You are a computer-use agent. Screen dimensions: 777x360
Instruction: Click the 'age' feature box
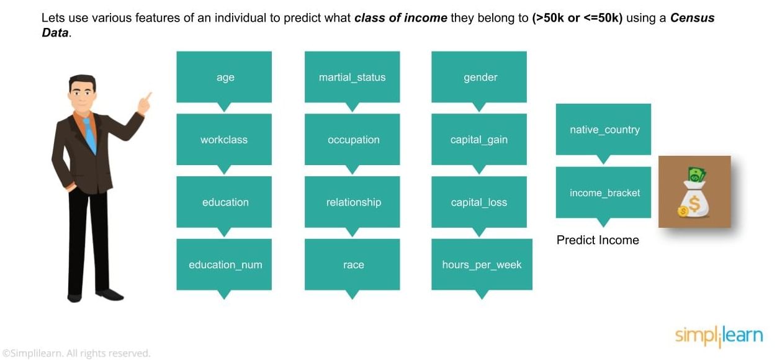pos(224,77)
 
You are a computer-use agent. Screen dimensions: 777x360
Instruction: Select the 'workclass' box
pos(224,140)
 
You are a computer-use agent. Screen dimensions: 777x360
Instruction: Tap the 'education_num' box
pos(224,264)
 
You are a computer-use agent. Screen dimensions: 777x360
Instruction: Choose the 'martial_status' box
pos(352,77)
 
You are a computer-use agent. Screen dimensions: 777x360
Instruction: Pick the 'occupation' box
pos(352,140)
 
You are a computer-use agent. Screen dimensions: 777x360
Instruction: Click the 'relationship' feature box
pos(352,202)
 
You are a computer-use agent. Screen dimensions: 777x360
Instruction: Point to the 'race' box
pos(352,264)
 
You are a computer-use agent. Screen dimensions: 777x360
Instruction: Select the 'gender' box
pos(479,77)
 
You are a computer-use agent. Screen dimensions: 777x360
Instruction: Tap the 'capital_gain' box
pos(479,140)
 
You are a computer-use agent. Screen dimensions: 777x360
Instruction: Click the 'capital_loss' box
pos(479,202)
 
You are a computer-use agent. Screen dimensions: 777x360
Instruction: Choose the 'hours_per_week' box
pos(482,264)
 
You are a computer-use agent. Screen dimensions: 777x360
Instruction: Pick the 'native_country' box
pos(603,129)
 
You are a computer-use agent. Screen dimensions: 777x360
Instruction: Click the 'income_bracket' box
pos(603,192)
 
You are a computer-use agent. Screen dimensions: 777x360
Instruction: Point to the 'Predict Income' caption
pos(598,240)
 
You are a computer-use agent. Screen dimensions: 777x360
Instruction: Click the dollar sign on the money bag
pos(694,204)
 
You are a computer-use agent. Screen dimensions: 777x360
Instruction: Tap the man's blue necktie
pos(90,135)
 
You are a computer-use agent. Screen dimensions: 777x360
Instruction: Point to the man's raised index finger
pos(148,96)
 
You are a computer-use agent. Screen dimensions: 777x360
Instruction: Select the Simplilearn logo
pos(719,336)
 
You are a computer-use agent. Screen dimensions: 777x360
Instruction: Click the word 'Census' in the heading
pos(692,17)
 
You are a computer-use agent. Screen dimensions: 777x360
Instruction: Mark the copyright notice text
pos(76,353)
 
